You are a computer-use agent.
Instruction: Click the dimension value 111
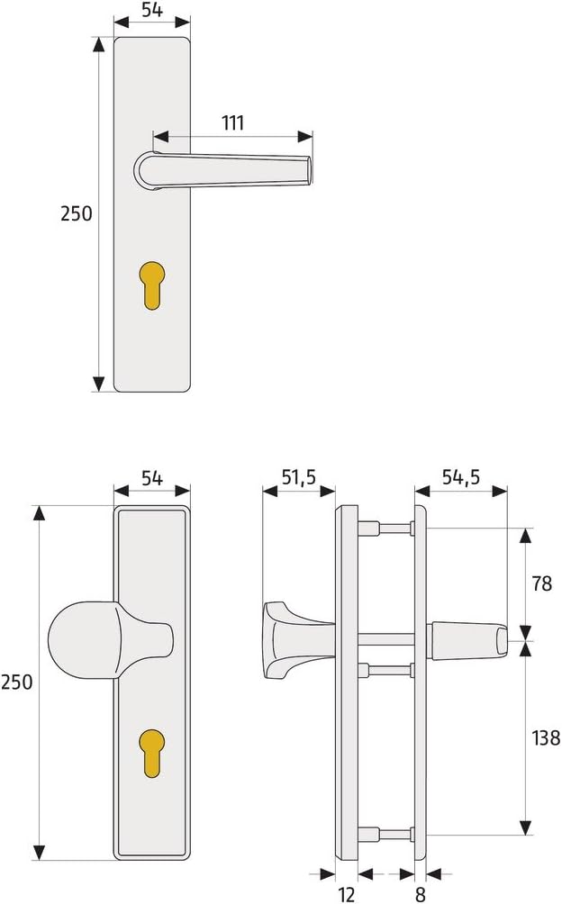[x=232, y=123]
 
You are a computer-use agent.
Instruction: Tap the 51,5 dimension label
[x=298, y=478]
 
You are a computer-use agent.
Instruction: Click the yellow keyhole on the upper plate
[x=154, y=287]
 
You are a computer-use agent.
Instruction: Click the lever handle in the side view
[x=464, y=636]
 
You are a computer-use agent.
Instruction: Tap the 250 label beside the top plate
[x=76, y=214]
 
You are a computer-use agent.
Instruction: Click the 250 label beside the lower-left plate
[x=17, y=682]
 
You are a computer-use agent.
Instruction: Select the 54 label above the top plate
[x=153, y=12]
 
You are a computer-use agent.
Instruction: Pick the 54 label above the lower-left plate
[x=153, y=478]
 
